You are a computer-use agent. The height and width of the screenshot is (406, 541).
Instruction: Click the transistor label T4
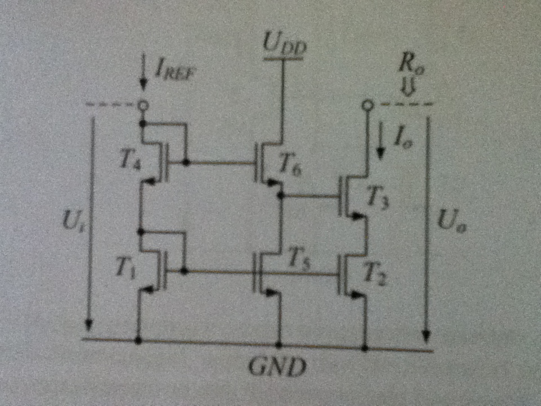tap(131, 162)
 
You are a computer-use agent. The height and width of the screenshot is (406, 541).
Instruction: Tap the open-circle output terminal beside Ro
tap(367, 105)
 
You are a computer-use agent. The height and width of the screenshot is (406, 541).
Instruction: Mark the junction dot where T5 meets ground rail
tap(278, 343)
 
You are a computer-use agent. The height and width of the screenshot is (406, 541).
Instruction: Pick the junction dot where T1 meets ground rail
tap(138, 340)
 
